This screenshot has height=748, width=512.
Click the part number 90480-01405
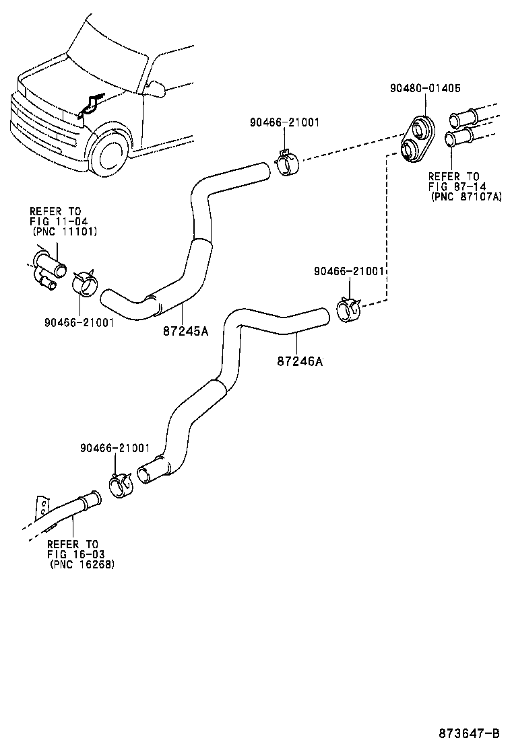tap(426, 87)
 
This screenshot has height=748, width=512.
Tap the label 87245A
tap(185, 330)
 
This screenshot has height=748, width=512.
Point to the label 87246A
tap(300, 361)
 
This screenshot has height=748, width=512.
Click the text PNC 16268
tap(82, 564)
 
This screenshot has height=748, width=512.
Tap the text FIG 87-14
tap(457, 186)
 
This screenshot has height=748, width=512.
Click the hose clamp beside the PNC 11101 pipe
tap(86, 282)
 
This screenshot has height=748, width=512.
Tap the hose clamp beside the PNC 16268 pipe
tap(121, 485)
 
